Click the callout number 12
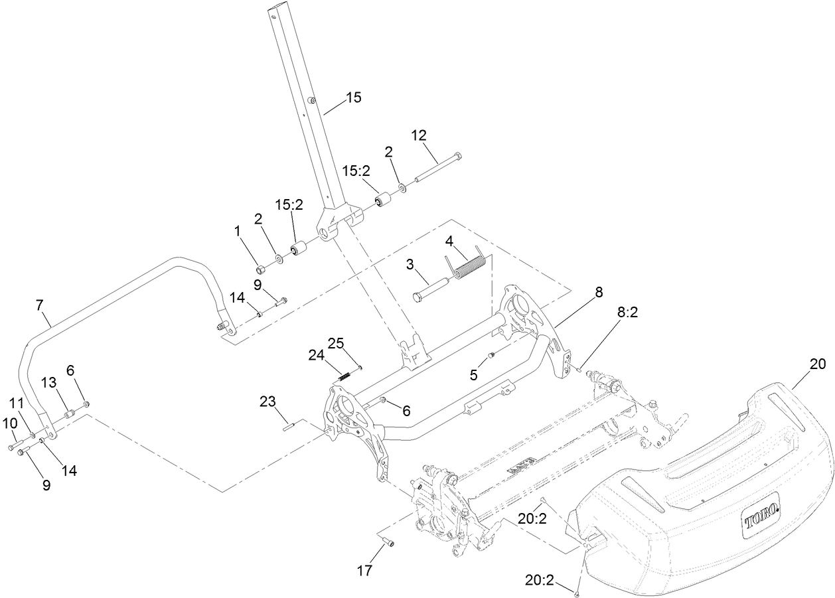click(419, 135)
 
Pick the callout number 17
click(364, 570)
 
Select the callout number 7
click(39, 305)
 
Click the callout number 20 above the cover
click(817, 363)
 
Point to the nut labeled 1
click(262, 269)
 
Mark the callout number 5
click(473, 374)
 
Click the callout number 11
click(16, 403)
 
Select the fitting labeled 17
click(388, 542)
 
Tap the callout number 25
click(336, 342)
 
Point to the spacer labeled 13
click(68, 416)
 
